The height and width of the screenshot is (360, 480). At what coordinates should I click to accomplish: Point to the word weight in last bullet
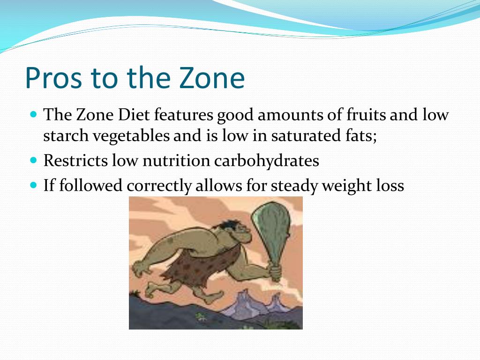tap(345, 186)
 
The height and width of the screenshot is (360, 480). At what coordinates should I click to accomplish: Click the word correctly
tap(159, 186)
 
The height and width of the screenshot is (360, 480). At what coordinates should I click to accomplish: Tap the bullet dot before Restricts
tap(33, 160)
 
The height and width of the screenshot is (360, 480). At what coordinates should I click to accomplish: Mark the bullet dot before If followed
tap(33, 185)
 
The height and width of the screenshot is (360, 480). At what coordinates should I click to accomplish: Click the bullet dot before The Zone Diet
tap(33, 114)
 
